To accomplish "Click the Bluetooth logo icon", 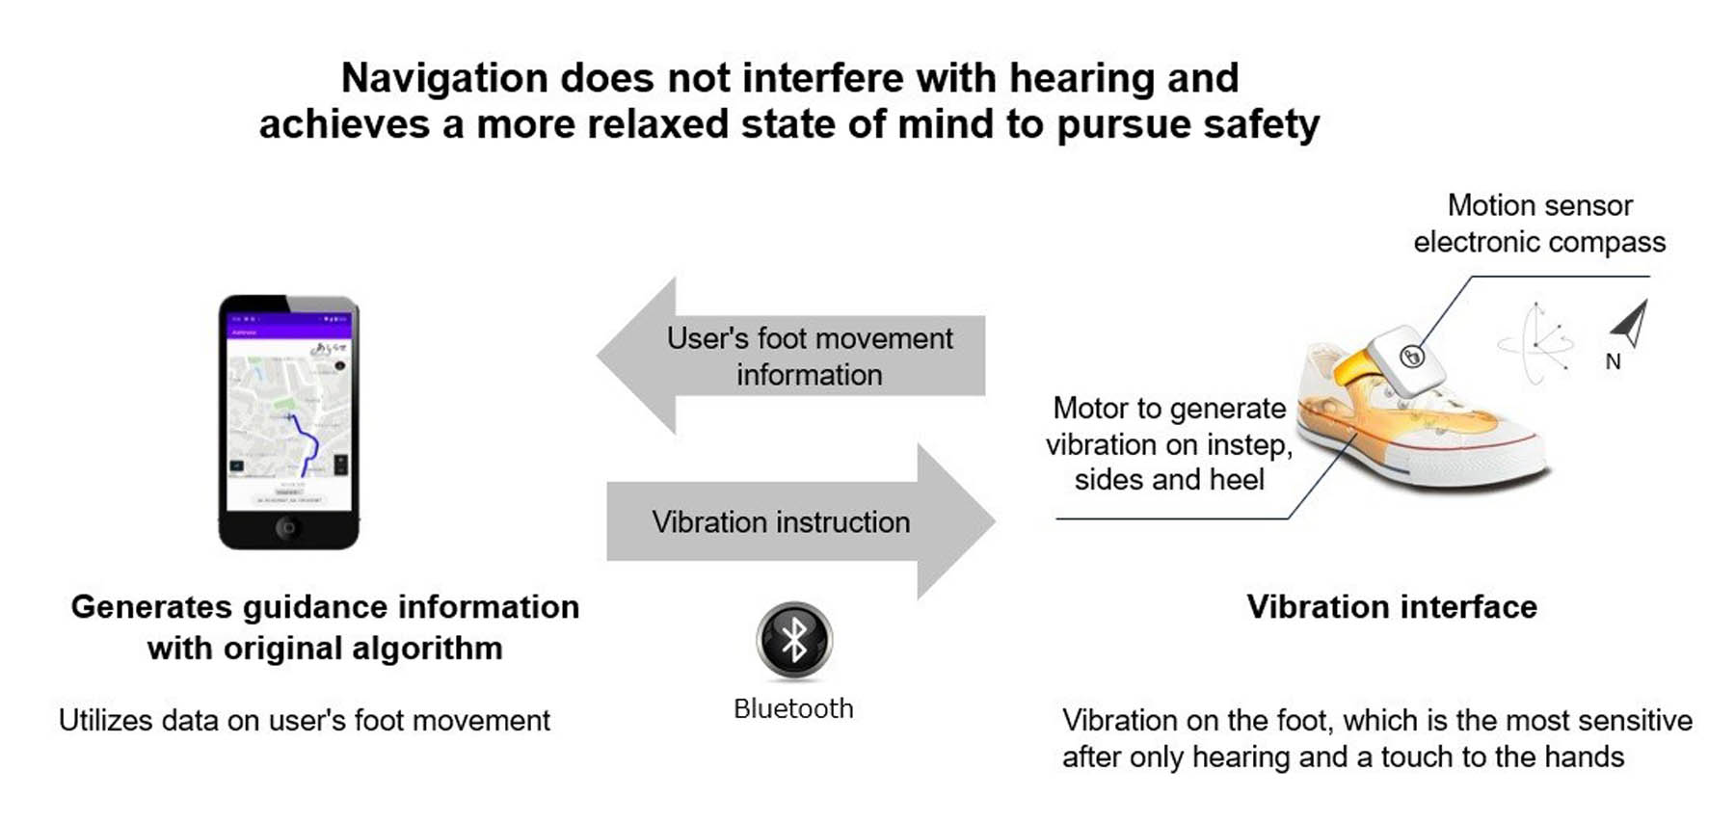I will [793, 640].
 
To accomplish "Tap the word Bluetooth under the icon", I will [793, 709].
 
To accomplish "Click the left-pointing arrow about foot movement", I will [790, 356].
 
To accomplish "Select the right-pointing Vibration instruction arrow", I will [800, 521].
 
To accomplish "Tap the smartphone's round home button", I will [287, 527].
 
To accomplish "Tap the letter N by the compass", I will [1613, 362].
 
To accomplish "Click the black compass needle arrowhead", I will [1630, 324].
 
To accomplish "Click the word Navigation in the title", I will [444, 78].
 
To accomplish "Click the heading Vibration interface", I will [1391, 607].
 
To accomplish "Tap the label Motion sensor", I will [1539, 205].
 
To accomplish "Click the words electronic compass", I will [1539, 242].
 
